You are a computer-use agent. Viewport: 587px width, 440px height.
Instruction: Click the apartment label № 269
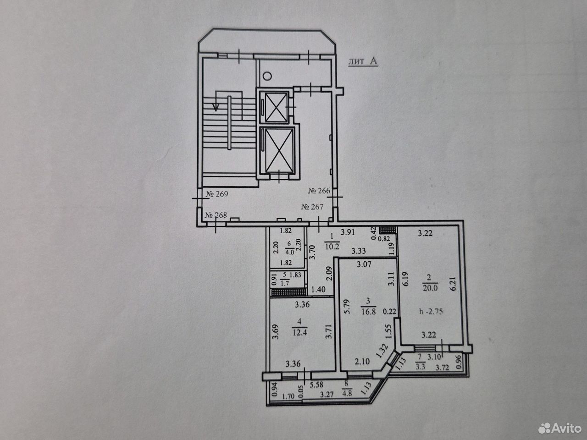(x=217, y=194)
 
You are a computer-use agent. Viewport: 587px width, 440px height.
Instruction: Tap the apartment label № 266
(x=319, y=191)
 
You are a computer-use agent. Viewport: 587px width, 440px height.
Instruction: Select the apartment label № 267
(x=312, y=207)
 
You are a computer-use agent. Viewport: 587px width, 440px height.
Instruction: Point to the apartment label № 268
(x=216, y=215)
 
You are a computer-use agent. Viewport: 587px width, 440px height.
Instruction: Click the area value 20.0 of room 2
(x=430, y=288)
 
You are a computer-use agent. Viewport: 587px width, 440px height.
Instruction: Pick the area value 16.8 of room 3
(x=369, y=312)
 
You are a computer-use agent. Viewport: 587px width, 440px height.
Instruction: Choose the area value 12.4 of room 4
(x=299, y=332)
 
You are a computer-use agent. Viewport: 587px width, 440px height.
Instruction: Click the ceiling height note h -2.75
(x=431, y=312)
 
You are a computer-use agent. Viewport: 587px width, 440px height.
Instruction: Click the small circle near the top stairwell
(x=267, y=76)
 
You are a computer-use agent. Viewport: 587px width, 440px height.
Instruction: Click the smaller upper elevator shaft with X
(x=276, y=107)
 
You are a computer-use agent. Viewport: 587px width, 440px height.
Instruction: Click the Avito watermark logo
(x=560, y=429)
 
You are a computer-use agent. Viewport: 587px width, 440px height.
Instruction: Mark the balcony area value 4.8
(x=347, y=394)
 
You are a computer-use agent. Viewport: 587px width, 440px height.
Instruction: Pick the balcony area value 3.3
(x=421, y=366)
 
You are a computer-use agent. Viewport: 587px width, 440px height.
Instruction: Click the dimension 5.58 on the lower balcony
(x=316, y=385)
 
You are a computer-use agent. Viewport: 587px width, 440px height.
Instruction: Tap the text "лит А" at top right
(x=363, y=61)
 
